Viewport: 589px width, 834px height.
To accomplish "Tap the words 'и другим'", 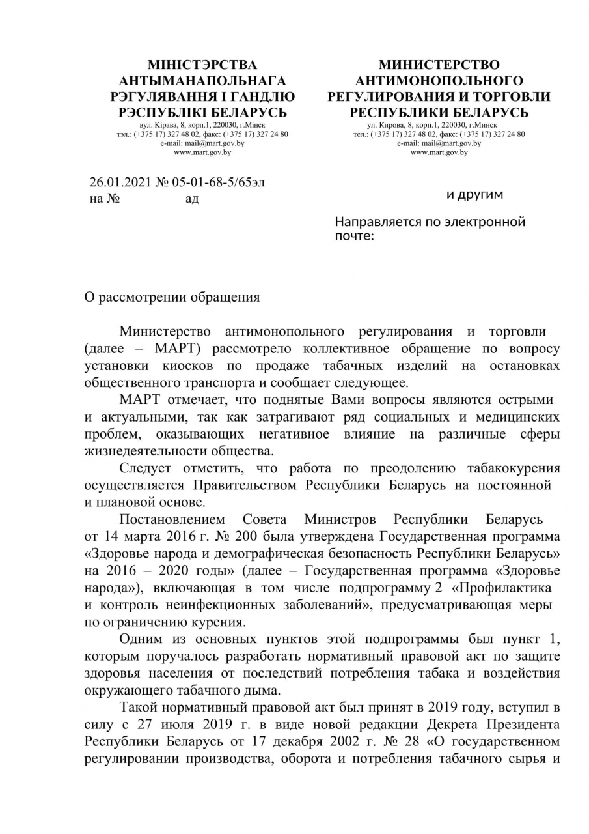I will (474, 194).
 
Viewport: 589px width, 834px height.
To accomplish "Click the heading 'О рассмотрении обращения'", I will (173, 297).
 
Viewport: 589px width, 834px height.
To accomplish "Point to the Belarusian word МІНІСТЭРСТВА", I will (202, 65).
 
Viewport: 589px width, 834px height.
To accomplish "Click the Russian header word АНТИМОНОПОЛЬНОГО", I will (439, 81).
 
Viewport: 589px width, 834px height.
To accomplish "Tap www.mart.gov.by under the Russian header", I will (439, 152).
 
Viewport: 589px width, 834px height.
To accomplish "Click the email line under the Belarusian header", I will (202, 143).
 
